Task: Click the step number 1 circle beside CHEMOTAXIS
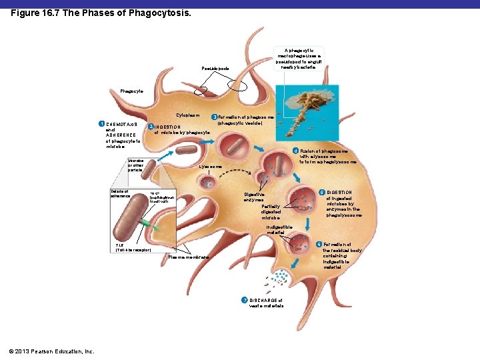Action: [101, 124]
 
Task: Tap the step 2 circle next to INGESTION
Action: [151, 127]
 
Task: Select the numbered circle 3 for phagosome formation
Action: [214, 117]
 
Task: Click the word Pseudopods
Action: [215, 68]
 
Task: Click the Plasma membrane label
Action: [189, 257]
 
